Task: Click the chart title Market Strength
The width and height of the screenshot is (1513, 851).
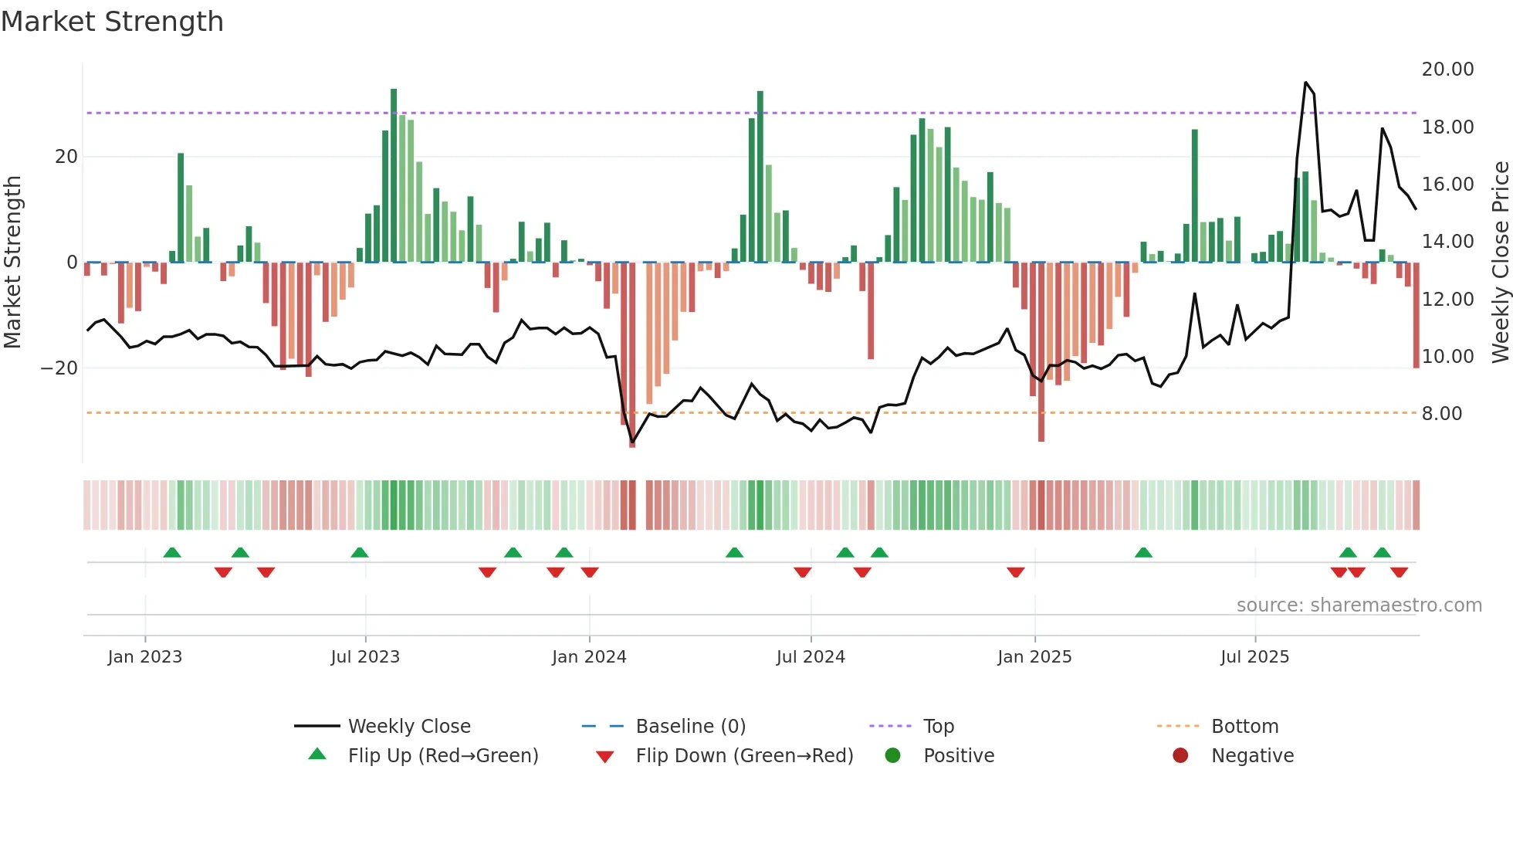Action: [112, 22]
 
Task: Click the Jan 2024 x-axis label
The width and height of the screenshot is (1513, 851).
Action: [589, 657]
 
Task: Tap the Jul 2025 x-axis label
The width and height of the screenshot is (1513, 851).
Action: [1254, 657]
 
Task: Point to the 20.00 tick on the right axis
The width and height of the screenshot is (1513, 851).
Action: [1447, 70]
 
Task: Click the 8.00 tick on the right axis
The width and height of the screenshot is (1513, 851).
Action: [1441, 414]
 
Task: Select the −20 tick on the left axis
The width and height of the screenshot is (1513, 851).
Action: [59, 368]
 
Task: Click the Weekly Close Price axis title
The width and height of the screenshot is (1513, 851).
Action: [1500, 263]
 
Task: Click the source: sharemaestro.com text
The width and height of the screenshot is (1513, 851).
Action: [1359, 605]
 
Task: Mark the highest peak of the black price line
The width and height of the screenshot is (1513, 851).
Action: [1305, 83]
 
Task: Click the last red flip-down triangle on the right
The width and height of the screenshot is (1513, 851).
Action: [1399, 572]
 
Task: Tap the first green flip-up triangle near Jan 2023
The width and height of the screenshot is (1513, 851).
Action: [172, 552]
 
